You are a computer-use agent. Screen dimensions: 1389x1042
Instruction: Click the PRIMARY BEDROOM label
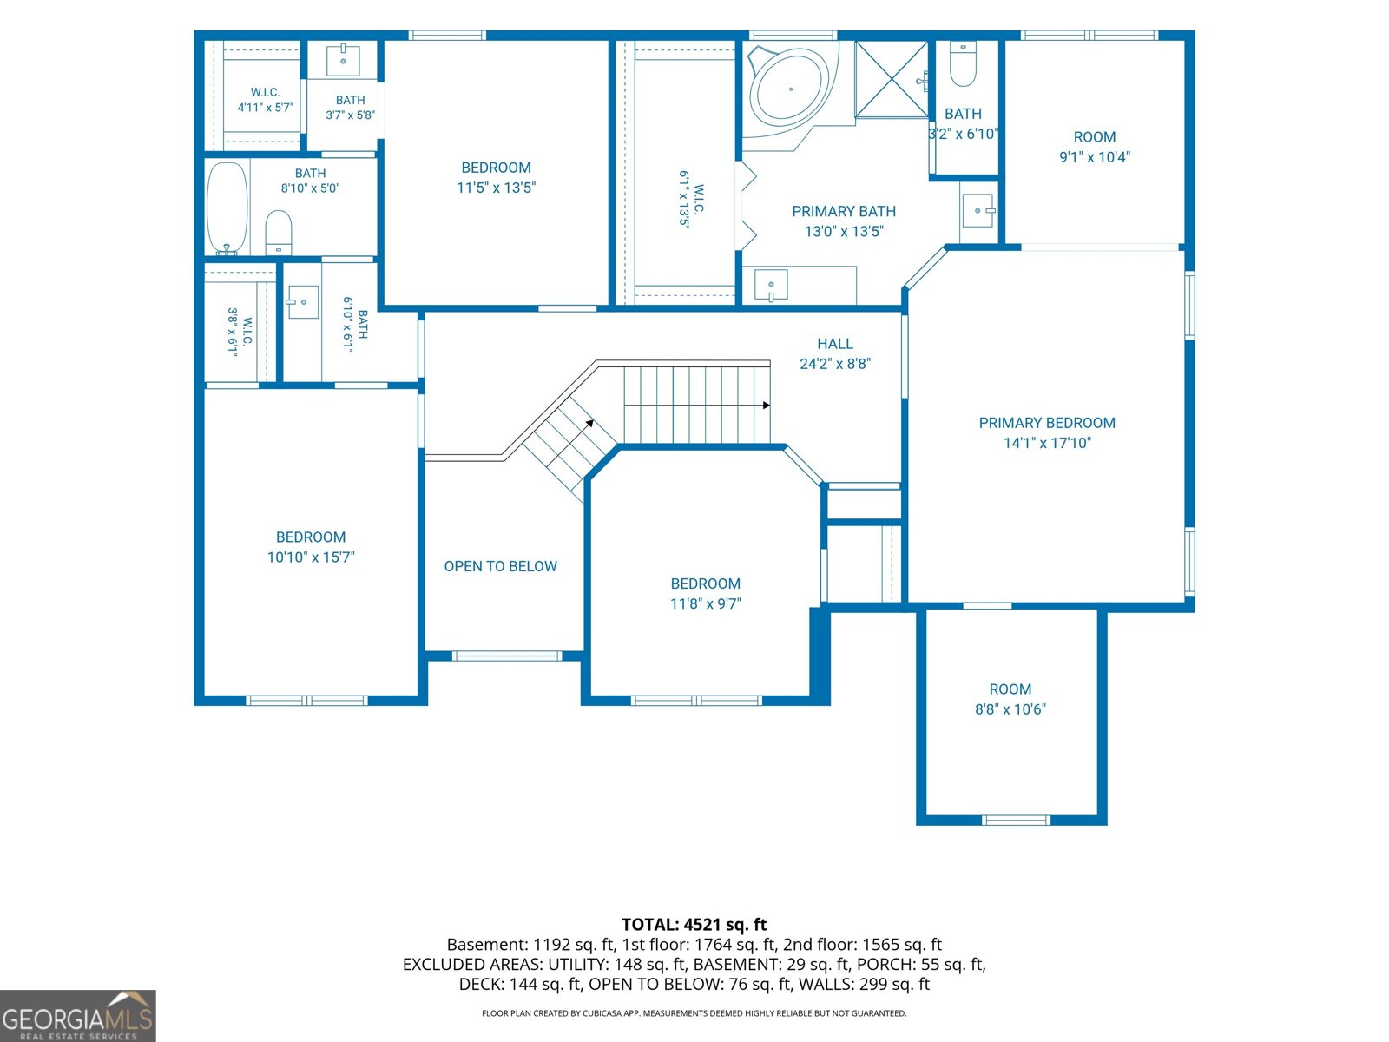[x=1047, y=423]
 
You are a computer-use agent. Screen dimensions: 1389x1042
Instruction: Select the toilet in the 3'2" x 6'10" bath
[x=963, y=64]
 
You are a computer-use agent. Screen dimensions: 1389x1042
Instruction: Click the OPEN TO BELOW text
[x=500, y=566]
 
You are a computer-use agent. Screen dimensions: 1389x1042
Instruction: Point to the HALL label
[x=834, y=344]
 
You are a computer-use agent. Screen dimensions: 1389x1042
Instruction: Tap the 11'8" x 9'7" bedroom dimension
[x=706, y=603]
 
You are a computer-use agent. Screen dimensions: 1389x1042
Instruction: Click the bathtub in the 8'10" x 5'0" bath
[x=227, y=208]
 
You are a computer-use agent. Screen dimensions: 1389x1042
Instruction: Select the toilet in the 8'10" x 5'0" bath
[x=279, y=232]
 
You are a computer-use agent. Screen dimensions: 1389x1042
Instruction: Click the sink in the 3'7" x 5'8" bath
[x=343, y=60]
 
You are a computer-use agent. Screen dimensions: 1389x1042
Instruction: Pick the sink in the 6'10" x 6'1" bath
[x=302, y=302]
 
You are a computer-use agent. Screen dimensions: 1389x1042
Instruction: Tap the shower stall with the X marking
[x=891, y=79]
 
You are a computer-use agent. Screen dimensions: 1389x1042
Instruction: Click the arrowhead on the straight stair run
[x=767, y=405]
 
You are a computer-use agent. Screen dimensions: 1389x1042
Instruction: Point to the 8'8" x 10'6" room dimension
[x=1010, y=709]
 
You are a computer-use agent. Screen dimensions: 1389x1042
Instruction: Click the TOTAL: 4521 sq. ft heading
[x=694, y=924]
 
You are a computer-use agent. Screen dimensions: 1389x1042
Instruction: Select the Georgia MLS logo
[x=78, y=1016]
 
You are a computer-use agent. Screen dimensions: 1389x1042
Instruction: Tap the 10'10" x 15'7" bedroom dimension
[x=311, y=557]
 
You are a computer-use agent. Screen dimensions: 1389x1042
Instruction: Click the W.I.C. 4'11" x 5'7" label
[x=265, y=100]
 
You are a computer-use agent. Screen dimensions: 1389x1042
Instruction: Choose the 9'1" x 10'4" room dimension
[x=1095, y=157]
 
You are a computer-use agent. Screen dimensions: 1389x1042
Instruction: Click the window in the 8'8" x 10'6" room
[x=1016, y=820]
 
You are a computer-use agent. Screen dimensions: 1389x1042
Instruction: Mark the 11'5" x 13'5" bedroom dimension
[x=496, y=188]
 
